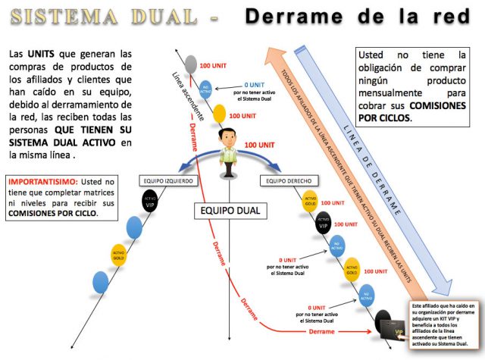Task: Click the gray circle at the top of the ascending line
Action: point(191,64)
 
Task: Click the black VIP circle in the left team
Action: point(150,201)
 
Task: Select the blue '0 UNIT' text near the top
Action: point(255,85)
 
